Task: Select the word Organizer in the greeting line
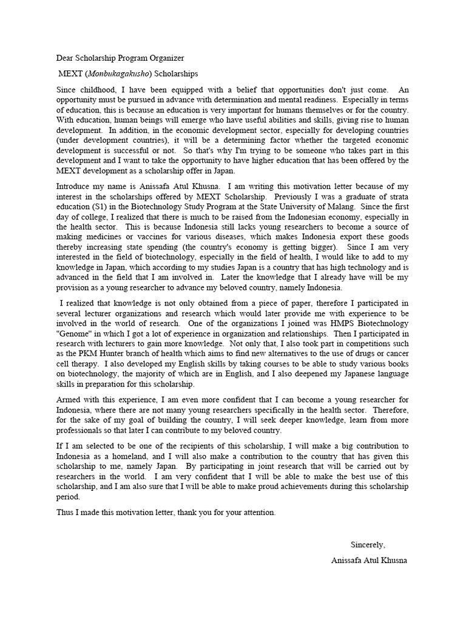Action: point(164,58)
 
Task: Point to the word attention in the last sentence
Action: point(258,512)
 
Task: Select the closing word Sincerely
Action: point(368,544)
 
